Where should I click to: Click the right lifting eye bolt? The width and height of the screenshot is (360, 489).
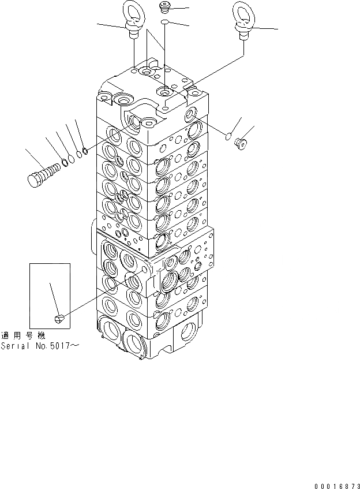[242, 21]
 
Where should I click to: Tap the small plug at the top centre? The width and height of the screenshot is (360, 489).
[164, 8]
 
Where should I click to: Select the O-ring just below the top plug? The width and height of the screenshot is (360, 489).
[165, 21]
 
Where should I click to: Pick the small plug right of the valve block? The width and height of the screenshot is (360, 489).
[241, 142]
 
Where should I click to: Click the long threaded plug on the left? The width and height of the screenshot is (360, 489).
[44, 173]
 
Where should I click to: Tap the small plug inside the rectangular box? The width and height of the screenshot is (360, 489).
[59, 316]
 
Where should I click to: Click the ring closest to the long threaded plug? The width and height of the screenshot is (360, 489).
[65, 162]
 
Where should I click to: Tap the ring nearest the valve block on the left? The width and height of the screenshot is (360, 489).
[84, 151]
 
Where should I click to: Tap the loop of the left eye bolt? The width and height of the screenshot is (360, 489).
[132, 13]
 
